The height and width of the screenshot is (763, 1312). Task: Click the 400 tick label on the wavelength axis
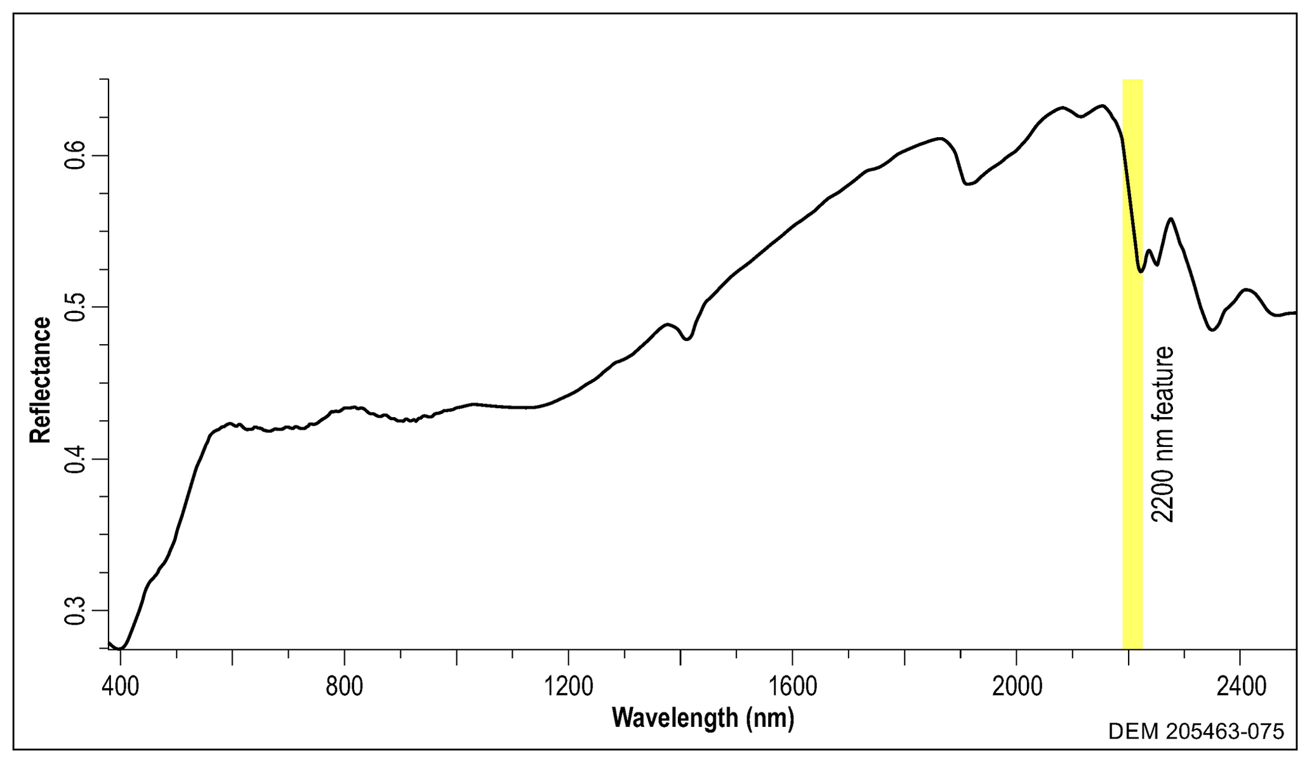tap(120, 687)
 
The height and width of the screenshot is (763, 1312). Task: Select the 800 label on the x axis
tap(344, 687)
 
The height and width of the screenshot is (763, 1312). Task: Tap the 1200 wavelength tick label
tap(567, 687)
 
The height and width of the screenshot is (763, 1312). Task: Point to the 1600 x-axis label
tap(792, 687)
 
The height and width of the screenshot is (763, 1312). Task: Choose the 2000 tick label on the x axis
tap(1016, 687)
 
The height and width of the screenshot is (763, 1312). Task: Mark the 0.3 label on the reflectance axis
tap(76, 611)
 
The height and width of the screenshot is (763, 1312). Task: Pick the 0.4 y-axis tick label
tap(76, 459)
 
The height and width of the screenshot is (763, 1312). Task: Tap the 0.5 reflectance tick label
tap(76, 307)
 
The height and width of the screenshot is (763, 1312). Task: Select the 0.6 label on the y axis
tap(76, 156)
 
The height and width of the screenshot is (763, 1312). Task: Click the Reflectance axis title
tap(41, 380)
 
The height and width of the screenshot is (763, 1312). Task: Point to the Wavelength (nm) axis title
tap(703, 718)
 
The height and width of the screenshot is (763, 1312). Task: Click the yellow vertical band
tap(1132, 444)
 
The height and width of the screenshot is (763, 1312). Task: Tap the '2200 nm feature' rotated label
tap(1162, 435)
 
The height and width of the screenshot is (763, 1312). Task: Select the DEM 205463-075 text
tap(1196, 732)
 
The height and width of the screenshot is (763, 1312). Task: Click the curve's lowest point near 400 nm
tap(122, 648)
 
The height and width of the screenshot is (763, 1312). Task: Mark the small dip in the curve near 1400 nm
tap(687, 340)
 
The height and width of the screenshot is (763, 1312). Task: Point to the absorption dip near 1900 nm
tap(967, 184)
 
